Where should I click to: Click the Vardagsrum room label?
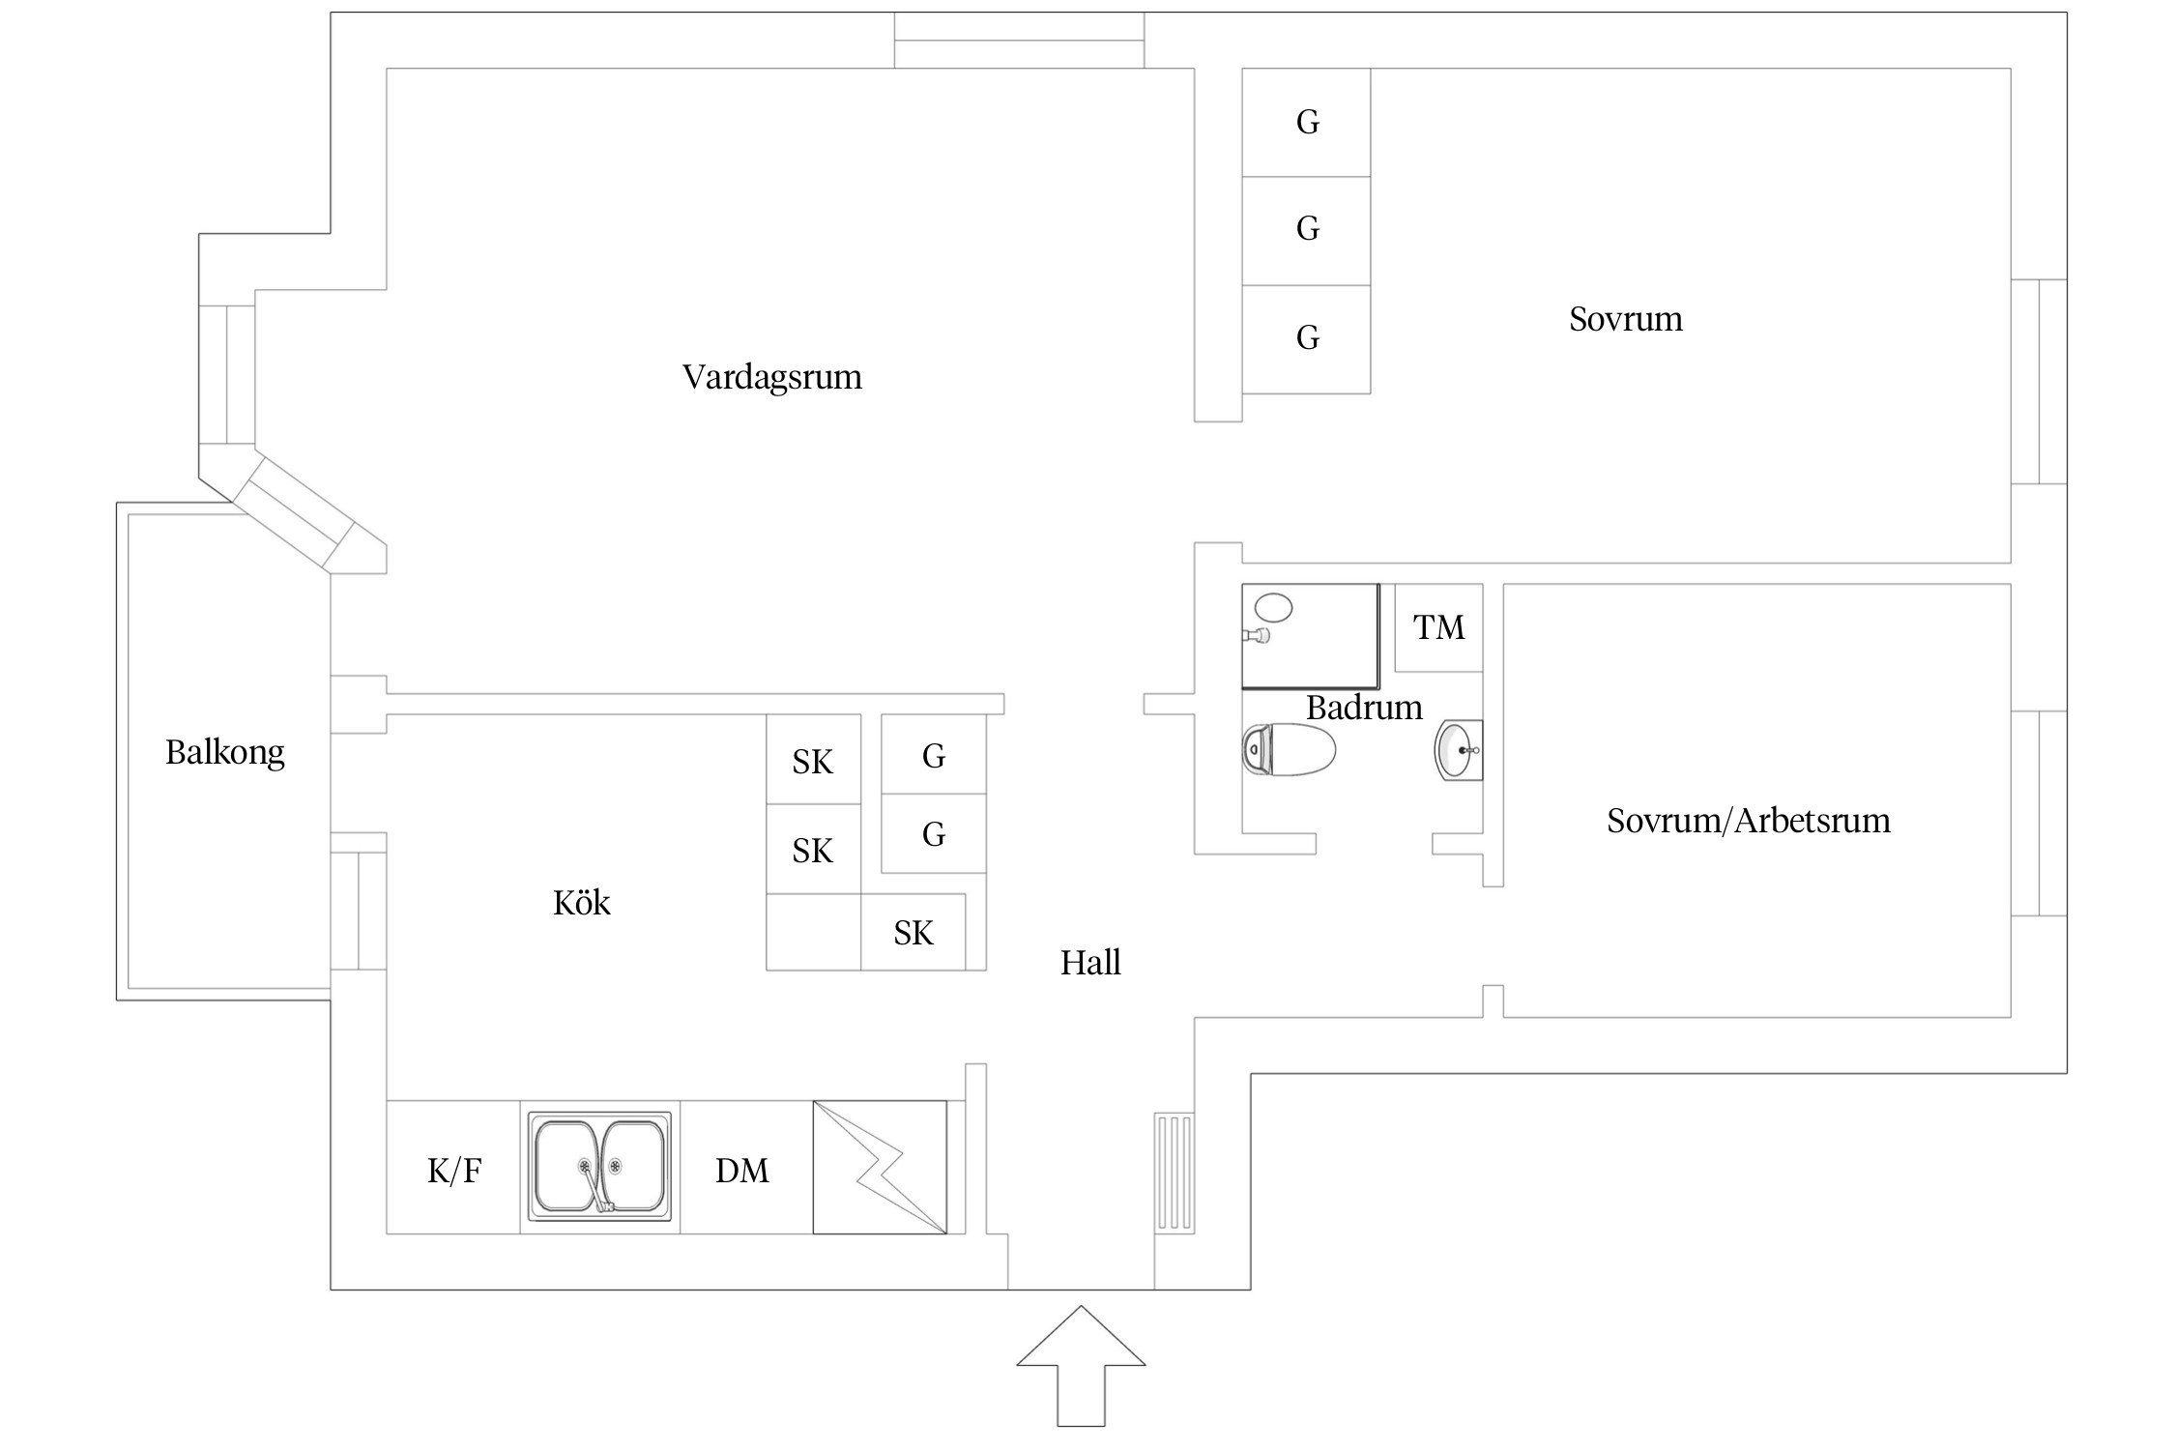click(771, 377)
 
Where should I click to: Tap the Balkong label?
click(224, 752)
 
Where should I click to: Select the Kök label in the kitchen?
click(581, 903)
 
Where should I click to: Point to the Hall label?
click(1090, 963)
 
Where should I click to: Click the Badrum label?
click(1363, 708)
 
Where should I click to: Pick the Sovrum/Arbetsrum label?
click(1748, 821)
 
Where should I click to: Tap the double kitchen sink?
click(599, 1166)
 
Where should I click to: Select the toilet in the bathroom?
click(1288, 749)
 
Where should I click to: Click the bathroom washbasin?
click(1458, 749)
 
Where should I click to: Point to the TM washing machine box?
click(1438, 627)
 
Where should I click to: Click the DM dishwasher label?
click(742, 1171)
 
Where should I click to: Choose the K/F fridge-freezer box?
click(453, 1171)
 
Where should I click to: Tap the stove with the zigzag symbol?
click(879, 1167)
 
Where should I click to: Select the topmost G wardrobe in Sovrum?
click(1307, 122)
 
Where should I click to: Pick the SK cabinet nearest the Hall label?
click(913, 933)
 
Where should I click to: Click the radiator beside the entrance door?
click(1174, 1172)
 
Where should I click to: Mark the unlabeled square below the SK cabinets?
click(813, 932)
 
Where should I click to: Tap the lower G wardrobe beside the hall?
click(933, 833)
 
